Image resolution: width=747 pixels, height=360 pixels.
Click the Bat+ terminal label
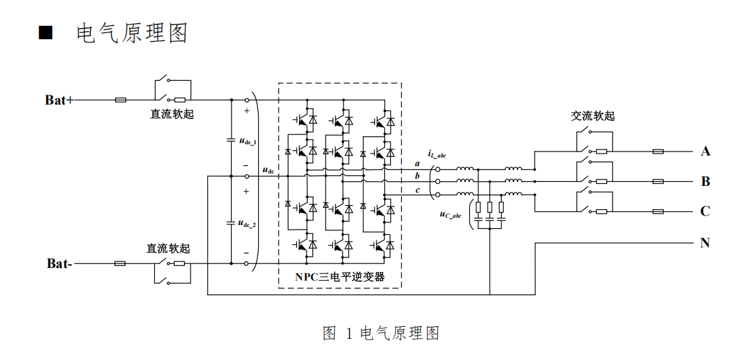click(60, 100)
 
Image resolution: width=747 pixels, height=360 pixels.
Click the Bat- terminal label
click(60, 263)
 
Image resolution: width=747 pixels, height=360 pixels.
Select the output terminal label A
click(705, 152)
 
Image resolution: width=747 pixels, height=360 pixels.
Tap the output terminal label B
click(705, 181)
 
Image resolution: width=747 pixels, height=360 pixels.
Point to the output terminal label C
click(705, 212)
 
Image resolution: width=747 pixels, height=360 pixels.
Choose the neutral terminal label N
click(705, 243)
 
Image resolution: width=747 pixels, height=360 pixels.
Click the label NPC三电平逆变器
click(339, 277)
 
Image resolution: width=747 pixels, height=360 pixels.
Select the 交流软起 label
click(593, 116)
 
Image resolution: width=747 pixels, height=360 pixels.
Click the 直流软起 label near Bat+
click(172, 114)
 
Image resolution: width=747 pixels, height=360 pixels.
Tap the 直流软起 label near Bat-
click(168, 248)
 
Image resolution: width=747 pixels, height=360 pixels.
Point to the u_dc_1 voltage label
click(247, 140)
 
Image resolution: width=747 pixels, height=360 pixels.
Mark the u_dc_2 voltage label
click(247, 223)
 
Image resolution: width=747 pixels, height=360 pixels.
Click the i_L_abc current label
click(437, 155)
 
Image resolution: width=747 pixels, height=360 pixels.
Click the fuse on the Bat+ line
click(120, 100)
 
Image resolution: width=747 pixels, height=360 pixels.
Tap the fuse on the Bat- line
click(120, 263)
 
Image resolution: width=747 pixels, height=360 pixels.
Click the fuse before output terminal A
click(658, 152)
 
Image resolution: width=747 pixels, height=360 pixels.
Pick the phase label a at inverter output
click(417, 163)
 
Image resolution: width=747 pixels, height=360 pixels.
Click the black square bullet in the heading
click(46, 33)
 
